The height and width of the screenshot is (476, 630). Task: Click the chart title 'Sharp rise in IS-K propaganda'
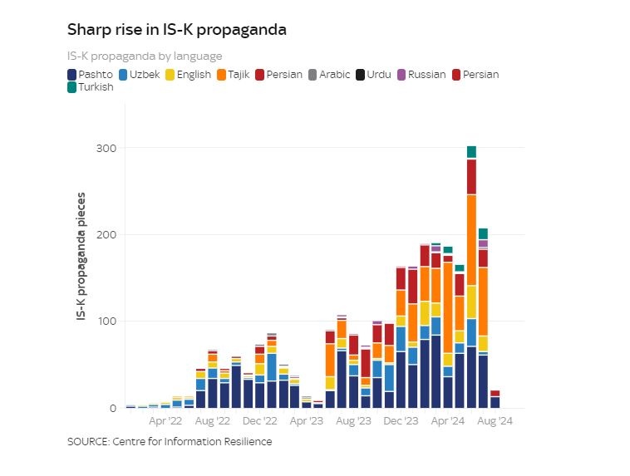(176, 30)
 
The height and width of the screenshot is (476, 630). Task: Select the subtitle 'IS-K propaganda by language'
(145, 56)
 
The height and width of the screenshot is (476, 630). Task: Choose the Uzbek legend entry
(140, 75)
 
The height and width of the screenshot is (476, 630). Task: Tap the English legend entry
(189, 75)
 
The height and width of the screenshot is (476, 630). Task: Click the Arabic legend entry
(331, 75)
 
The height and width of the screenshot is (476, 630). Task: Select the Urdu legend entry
(374, 75)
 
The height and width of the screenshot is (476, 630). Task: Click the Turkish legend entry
(91, 87)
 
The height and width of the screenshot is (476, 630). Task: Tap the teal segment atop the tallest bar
(471, 152)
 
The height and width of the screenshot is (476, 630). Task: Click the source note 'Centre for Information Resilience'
(170, 442)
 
